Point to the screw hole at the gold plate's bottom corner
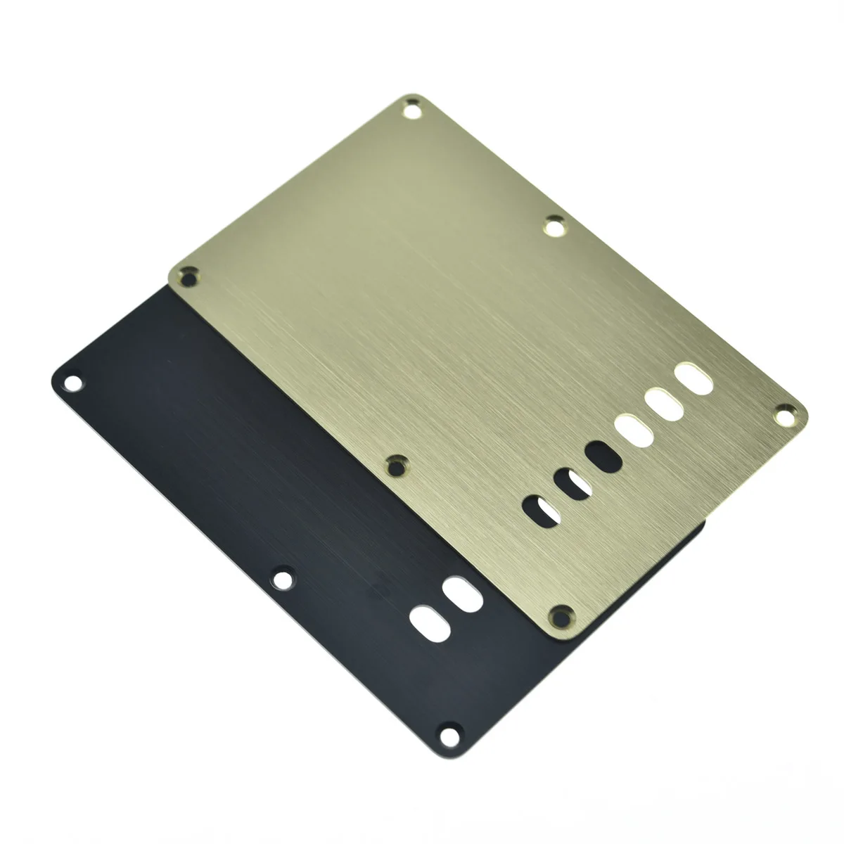click(x=561, y=616)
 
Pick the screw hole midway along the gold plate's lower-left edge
click(x=398, y=463)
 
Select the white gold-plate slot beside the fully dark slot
click(x=631, y=430)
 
